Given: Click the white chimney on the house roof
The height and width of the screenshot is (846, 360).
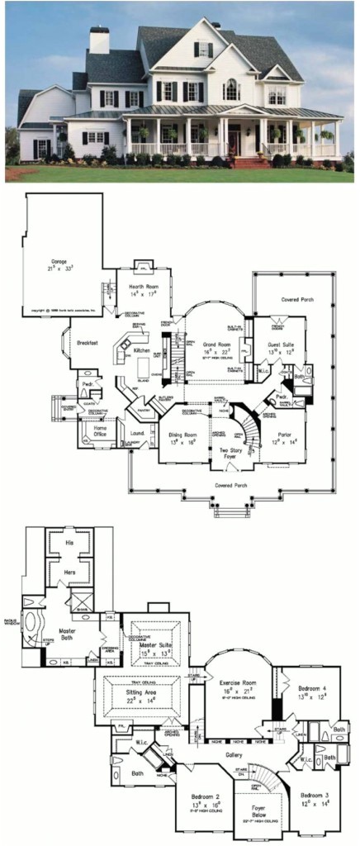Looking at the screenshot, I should [x=99, y=40].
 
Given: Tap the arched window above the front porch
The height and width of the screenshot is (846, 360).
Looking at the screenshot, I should [x=231, y=89].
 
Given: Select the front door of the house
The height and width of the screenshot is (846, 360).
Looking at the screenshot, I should [x=237, y=142].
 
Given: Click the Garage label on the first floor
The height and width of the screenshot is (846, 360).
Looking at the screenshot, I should [x=57, y=261].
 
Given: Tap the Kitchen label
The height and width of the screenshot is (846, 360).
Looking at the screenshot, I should [x=143, y=350].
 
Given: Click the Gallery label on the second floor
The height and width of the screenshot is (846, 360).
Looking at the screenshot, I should [x=234, y=755].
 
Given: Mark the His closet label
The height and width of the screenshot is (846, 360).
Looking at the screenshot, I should [x=69, y=543].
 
